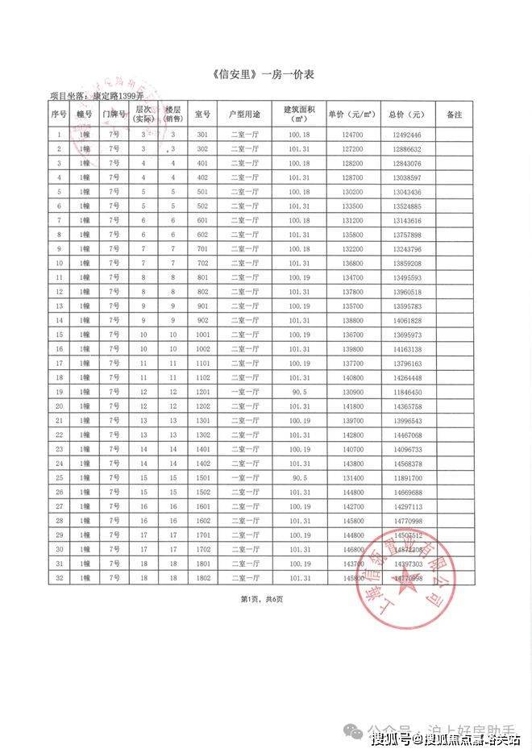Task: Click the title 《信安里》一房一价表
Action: pyautogui.click(x=267, y=75)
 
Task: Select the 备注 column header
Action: pyautogui.click(x=454, y=114)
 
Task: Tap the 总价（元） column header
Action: pyautogui.click(x=405, y=114)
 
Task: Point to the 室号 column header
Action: pyautogui.click(x=202, y=114)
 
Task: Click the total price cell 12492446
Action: pyautogui.click(x=405, y=135)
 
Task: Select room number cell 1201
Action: pyautogui.click(x=202, y=391)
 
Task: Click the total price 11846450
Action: pyautogui.click(x=405, y=391)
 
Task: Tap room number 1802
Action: pyautogui.click(x=202, y=577)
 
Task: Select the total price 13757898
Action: pyautogui.click(x=405, y=235)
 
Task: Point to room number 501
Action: pyautogui.click(x=202, y=192)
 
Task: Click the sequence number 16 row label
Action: pyautogui.click(x=60, y=348)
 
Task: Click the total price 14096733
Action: pyautogui.click(x=405, y=448)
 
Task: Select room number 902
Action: pyautogui.click(x=202, y=320)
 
